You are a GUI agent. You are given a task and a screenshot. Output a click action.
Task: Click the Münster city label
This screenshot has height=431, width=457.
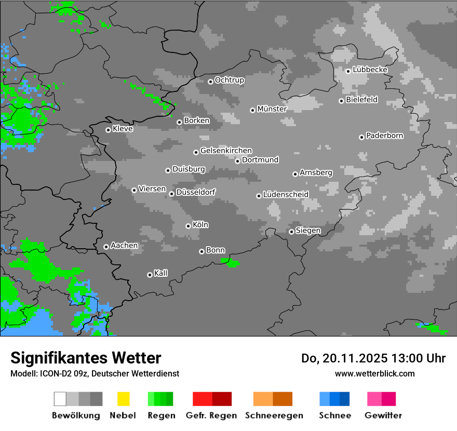272,109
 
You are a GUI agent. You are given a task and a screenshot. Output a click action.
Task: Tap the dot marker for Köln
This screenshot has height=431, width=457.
188,226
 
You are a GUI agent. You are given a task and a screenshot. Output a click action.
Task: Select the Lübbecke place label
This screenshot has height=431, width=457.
370,70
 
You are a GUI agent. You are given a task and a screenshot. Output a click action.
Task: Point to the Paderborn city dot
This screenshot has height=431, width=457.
361,137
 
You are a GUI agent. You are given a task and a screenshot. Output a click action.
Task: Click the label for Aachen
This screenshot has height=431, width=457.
124,246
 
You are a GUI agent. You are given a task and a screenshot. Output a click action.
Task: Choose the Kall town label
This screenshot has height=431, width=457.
160,273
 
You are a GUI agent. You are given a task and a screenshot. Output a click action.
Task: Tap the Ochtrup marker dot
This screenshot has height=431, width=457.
210,81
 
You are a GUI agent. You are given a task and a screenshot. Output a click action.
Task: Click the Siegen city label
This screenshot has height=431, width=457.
308,231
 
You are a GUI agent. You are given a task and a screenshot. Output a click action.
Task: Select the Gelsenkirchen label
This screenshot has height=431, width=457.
226,151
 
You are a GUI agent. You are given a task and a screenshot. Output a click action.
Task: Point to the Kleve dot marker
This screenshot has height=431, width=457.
108,130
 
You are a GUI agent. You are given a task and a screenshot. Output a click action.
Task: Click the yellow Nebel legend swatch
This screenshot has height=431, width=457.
123,399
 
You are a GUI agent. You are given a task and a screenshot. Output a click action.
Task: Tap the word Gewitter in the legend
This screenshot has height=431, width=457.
383,415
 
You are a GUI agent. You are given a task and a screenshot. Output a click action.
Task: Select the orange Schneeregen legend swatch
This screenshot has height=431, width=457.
263,399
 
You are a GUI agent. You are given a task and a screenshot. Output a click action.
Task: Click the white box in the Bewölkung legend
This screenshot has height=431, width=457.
60,399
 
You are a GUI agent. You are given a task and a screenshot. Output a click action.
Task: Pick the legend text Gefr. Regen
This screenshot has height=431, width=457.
211,415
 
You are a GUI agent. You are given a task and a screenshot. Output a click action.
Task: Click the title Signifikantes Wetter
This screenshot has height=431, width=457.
86,358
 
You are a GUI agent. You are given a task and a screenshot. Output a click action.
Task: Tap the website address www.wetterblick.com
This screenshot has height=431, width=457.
374,373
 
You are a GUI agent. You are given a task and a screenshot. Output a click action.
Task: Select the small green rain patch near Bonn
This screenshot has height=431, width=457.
232,263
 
